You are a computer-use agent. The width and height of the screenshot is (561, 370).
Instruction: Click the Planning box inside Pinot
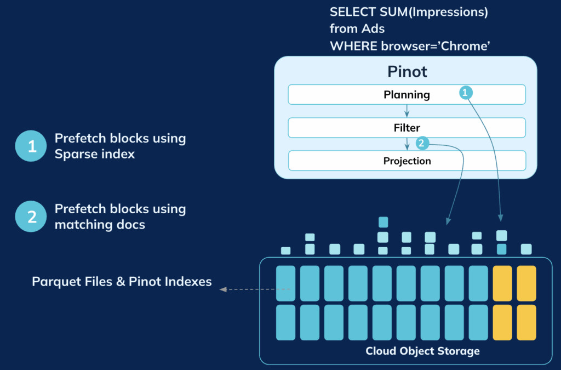407,95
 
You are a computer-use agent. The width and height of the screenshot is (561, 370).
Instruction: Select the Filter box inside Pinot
407,128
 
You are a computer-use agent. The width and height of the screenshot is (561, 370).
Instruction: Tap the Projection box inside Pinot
407,161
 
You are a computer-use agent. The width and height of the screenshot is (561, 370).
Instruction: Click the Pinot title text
407,71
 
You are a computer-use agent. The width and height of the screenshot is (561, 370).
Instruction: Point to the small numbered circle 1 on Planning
465,93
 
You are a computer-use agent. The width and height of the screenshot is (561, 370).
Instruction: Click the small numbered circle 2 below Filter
421,144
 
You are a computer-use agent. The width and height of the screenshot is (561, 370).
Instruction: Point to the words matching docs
100,224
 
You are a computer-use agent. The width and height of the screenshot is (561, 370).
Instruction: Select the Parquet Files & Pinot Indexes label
122,282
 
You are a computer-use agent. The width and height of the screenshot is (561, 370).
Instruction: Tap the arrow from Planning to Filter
407,111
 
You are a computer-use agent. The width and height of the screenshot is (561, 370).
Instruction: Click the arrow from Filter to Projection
407,144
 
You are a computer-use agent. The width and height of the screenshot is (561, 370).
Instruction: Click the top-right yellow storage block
526,283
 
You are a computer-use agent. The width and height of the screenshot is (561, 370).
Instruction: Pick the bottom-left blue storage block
285,322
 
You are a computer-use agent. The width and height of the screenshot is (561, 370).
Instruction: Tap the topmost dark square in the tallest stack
383,222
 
